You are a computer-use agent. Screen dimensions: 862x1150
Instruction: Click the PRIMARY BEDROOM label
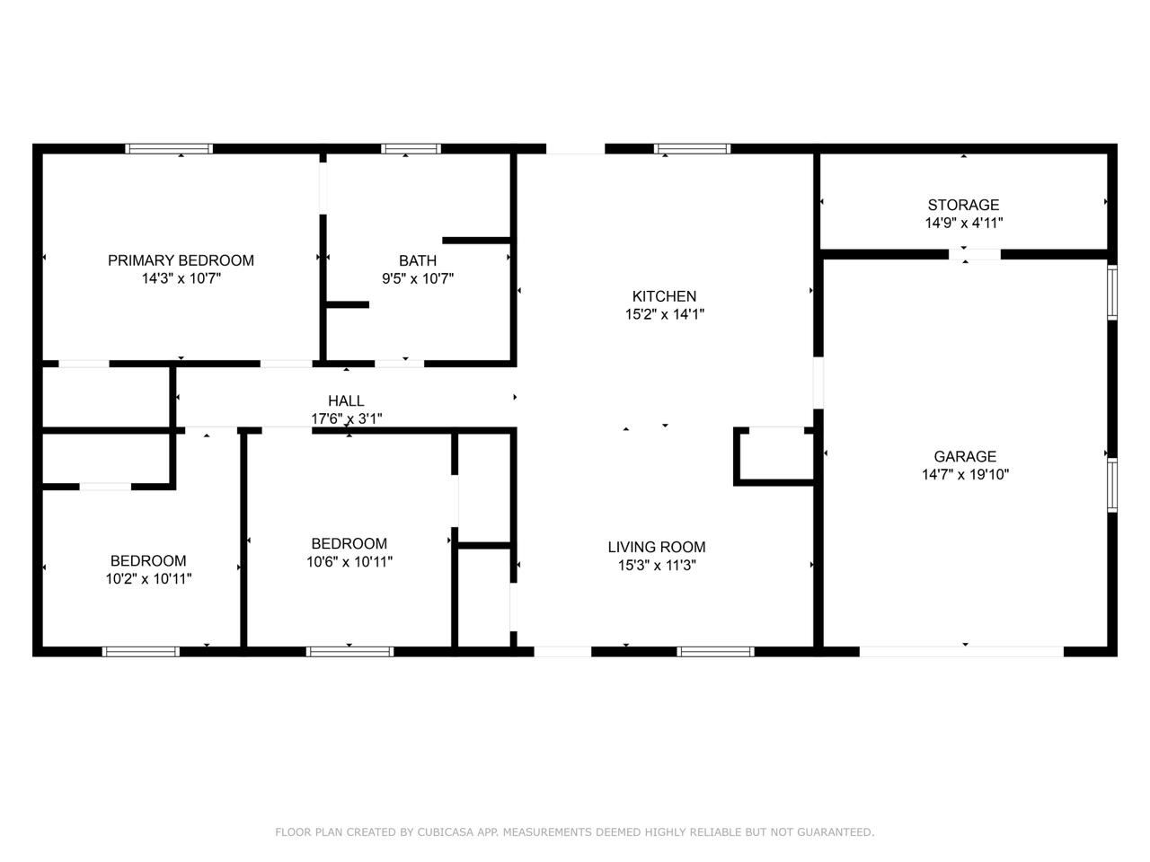pos(181,260)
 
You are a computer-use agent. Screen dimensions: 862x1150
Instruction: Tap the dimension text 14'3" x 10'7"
pos(181,279)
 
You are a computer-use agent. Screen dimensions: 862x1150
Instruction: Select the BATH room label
pos(418,260)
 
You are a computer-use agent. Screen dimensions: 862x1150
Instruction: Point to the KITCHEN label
pos(664,296)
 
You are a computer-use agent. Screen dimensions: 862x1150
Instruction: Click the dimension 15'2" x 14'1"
pos(664,315)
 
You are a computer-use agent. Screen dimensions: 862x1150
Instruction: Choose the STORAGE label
pos(963,205)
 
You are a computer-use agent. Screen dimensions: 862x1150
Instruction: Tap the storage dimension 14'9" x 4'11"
pos(963,224)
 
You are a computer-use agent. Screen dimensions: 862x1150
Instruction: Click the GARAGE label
pos(965,456)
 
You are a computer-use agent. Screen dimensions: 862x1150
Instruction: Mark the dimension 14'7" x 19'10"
pos(965,475)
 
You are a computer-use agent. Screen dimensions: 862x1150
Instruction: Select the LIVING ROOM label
pos(656,547)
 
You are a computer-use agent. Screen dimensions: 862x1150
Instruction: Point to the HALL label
pos(346,401)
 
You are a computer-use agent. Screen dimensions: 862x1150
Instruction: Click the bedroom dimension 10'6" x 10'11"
pos(349,562)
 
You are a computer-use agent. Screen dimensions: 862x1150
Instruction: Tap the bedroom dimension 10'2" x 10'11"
pos(148,579)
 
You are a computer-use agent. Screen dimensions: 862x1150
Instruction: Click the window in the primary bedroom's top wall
pos(169,149)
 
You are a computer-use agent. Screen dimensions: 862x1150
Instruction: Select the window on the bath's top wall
pos(411,149)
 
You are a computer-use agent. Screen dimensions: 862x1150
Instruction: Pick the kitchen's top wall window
pos(692,149)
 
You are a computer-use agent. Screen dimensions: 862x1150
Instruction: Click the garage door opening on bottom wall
pos(961,651)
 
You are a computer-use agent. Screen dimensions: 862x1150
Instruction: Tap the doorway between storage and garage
pos(975,254)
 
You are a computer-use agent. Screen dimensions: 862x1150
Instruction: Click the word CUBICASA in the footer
pos(444,832)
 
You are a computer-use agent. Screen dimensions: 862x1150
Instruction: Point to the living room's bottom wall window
pos(715,651)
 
